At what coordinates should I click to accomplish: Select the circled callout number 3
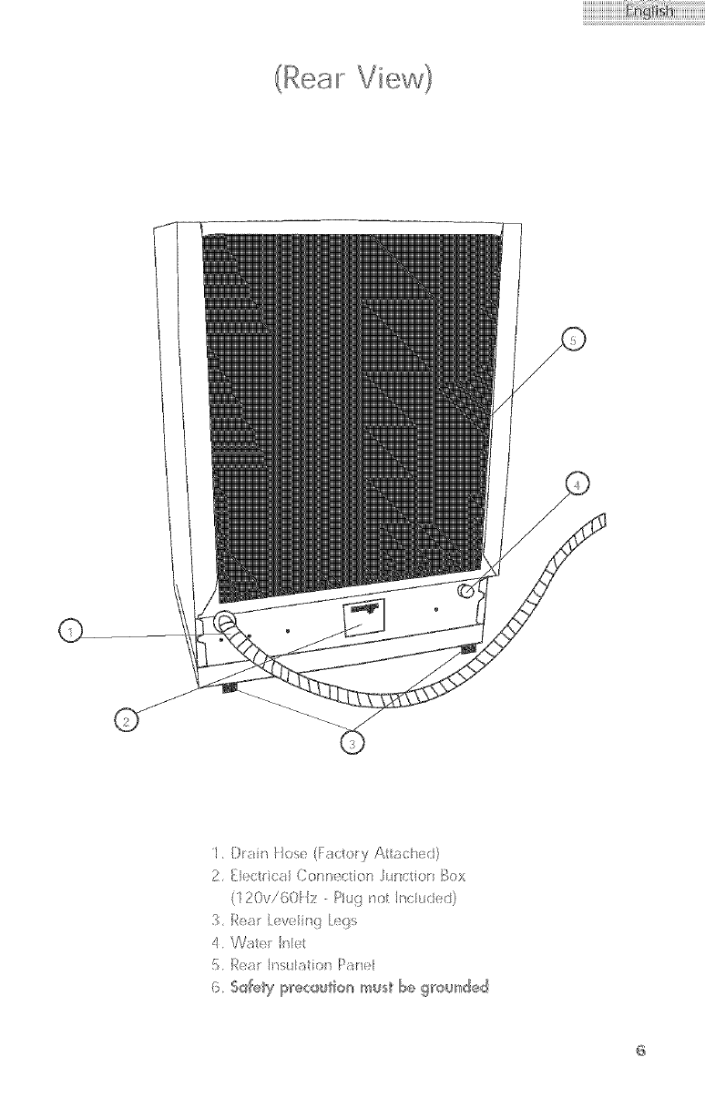coord(351,744)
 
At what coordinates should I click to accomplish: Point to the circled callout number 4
coord(576,485)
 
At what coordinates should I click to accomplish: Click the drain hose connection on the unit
coord(223,623)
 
